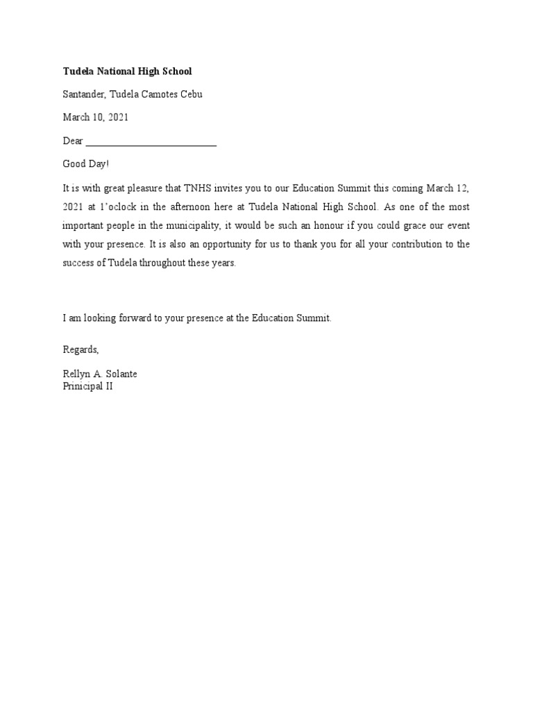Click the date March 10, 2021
tap(96, 118)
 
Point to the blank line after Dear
tap(151, 142)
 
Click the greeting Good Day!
tap(86, 164)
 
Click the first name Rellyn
tap(76, 374)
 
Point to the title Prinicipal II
tap(87, 386)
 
